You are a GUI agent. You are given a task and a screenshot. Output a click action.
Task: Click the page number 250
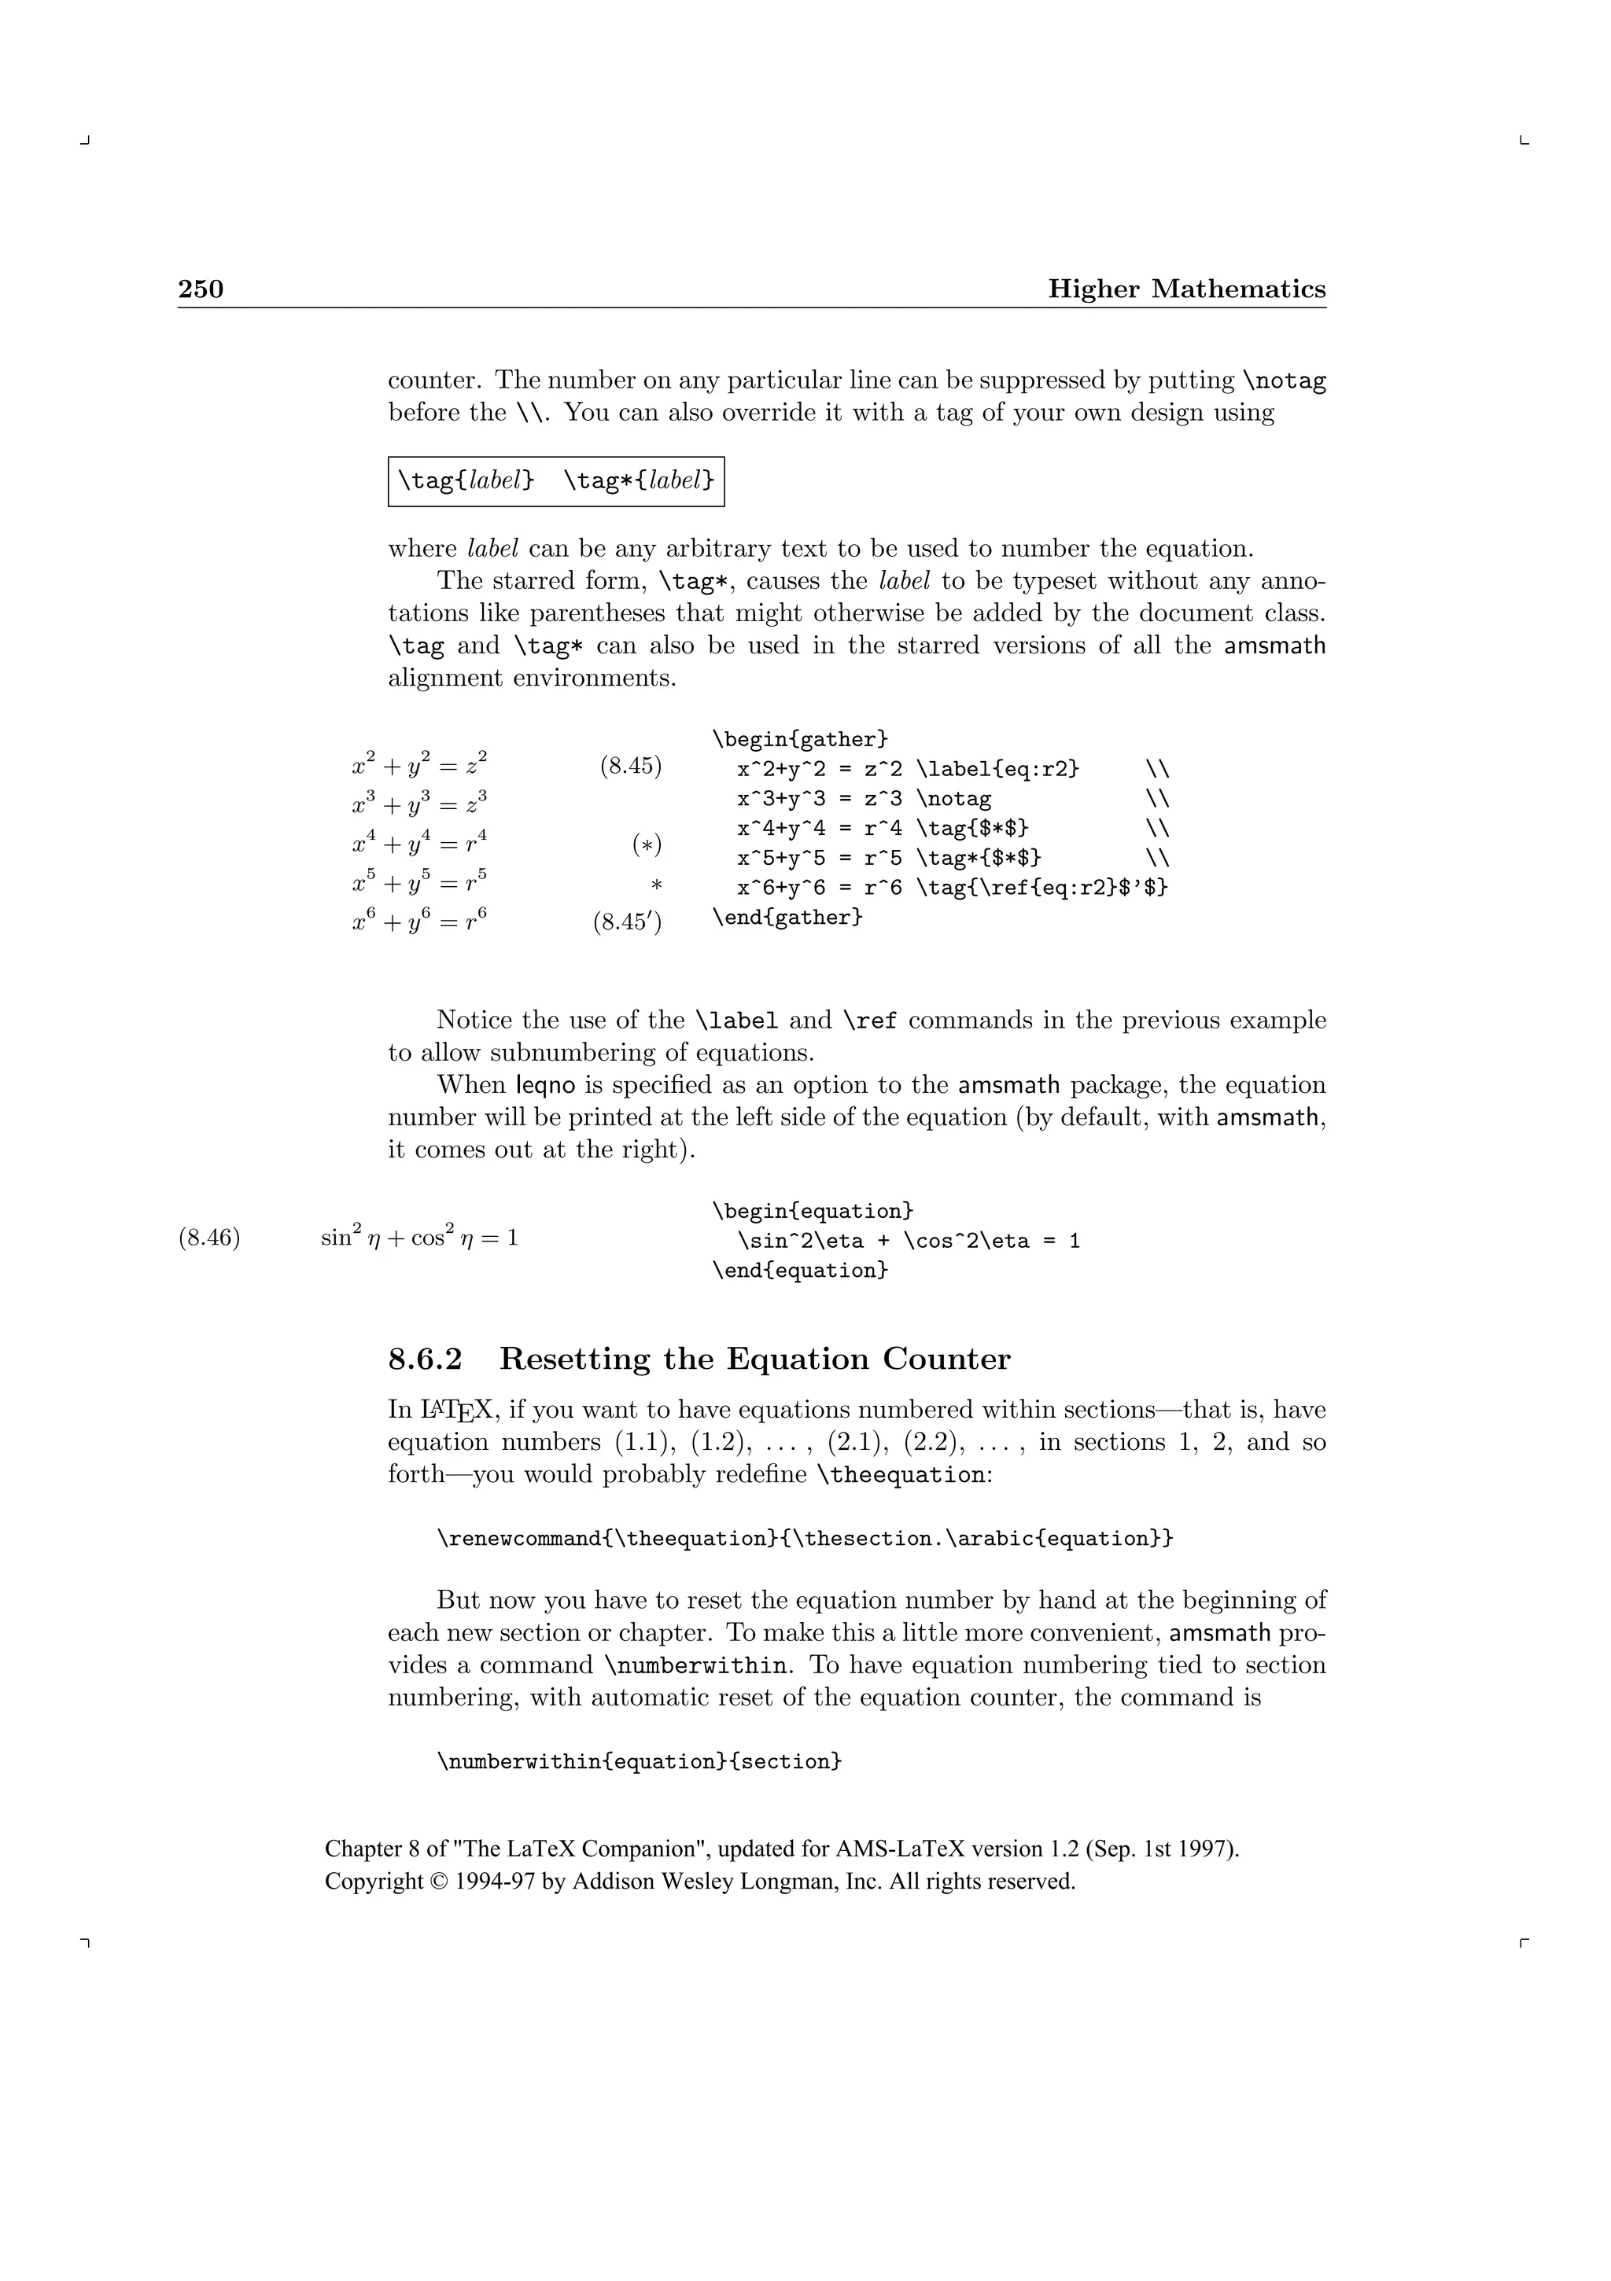point(201,289)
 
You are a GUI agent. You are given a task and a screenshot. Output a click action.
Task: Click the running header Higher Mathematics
point(1187,289)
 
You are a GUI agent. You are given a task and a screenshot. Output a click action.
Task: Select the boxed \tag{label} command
point(466,481)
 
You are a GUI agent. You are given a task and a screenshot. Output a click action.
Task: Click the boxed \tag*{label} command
point(639,481)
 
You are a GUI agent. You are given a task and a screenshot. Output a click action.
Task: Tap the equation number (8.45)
point(631,766)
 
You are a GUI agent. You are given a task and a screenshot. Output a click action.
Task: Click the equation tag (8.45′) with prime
point(628,923)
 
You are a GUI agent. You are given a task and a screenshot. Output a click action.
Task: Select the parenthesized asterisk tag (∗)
point(647,844)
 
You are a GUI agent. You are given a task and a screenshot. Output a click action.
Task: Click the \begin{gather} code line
point(800,739)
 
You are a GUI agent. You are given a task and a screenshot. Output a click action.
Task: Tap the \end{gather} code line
point(787,917)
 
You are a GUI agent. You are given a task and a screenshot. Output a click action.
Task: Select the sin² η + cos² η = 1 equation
point(419,1238)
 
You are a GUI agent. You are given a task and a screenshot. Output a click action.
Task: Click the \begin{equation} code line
point(812,1211)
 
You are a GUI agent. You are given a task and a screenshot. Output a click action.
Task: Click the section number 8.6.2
point(426,1359)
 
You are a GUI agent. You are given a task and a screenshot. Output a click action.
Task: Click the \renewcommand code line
point(805,1539)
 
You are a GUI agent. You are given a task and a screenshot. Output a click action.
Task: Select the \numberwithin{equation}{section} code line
point(639,1761)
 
